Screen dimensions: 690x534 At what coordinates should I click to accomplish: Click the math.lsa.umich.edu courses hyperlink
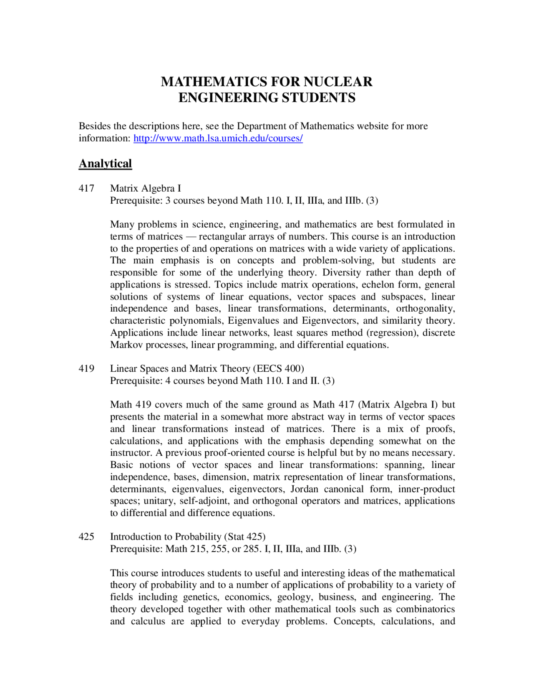point(218,138)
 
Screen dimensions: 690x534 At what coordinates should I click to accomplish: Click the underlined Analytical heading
point(105,163)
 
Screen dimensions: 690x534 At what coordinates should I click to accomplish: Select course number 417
point(86,188)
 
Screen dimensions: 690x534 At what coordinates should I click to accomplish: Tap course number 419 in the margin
point(86,369)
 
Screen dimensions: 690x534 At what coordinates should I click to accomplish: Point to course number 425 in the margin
point(86,537)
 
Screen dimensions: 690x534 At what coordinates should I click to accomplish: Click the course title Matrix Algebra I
point(145,188)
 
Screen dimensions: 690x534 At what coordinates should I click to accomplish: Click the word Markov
point(126,345)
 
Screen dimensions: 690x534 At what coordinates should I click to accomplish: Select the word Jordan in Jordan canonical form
point(304,489)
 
